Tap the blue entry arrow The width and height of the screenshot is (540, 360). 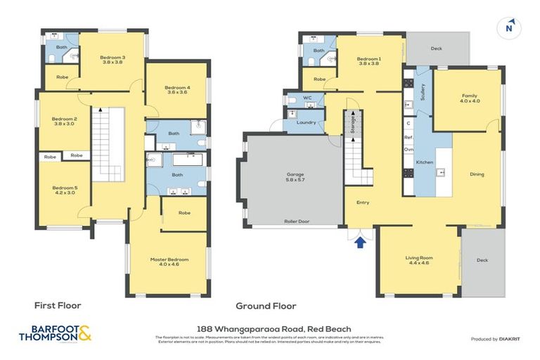pos(361,243)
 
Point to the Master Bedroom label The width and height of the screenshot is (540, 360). pos(169,262)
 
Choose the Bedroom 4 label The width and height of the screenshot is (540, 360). pos(178,90)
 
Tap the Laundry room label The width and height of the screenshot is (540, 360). pos(307,122)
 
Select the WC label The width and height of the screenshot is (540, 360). pos(307,98)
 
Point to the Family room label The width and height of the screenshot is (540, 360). pos(469,98)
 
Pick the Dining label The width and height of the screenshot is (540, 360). pos(477,174)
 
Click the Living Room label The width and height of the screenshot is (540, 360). pos(418,260)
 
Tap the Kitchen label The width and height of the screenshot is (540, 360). pos(425,162)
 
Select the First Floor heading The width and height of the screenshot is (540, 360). pos(58,306)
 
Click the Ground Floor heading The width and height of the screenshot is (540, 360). pos(266,306)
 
